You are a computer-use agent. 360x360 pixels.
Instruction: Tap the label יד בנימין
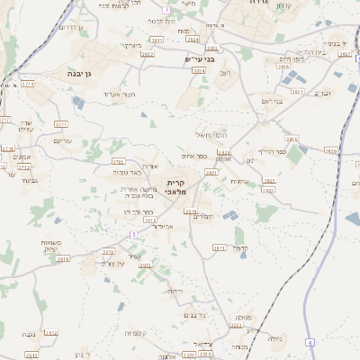click(x=336, y=41)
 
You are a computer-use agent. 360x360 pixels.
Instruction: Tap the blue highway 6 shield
click(x=310, y=342)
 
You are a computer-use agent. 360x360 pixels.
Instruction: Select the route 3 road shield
click(x=133, y=234)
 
